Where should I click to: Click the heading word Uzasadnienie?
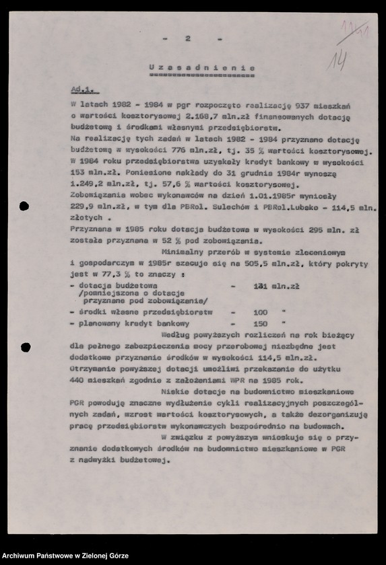click(x=201, y=68)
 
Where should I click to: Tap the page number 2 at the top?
click(x=188, y=38)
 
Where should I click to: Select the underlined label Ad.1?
click(x=84, y=89)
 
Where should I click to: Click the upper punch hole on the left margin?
click(x=25, y=206)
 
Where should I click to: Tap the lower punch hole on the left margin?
click(x=26, y=347)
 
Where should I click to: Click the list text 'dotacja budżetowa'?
click(x=111, y=286)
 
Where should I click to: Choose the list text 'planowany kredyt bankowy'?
click(x=124, y=324)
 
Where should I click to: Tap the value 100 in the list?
click(x=259, y=313)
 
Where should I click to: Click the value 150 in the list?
click(x=259, y=324)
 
